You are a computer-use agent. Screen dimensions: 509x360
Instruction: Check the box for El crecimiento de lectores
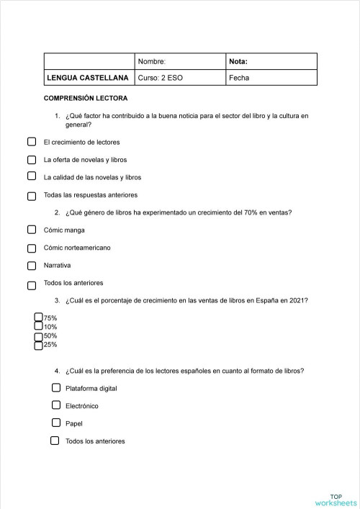[x=32, y=142]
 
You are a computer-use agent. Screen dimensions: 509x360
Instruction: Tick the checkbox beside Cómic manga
[x=32, y=230]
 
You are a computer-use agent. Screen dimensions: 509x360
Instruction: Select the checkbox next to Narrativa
[x=32, y=266]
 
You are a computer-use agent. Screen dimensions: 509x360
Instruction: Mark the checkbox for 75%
[x=39, y=317]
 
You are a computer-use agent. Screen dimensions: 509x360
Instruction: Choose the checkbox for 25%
[x=39, y=345]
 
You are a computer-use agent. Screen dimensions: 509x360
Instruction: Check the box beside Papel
[x=55, y=423]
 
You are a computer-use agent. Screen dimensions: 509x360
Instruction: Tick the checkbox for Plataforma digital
[x=55, y=387]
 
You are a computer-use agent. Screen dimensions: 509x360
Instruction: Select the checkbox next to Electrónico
[x=55, y=405]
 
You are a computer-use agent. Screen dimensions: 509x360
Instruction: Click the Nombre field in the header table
[x=180, y=61]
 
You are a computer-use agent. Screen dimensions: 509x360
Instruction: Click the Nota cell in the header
[x=271, y=61]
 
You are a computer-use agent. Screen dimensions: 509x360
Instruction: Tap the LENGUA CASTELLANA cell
[x=88, y=78]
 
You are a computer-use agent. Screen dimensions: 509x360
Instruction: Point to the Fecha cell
[x=271, y=78]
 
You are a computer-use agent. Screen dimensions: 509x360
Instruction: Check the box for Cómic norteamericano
[x=32, y=248]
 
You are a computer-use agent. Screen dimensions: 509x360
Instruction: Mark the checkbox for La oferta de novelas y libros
[x=32, y=159]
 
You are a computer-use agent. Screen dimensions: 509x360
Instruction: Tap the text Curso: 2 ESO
[x=160, y=78]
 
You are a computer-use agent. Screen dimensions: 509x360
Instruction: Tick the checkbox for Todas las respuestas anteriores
[x=32, y=195]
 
